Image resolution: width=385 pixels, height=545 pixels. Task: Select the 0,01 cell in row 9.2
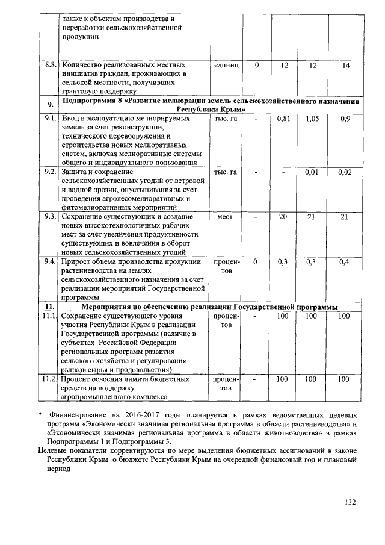pyautogui.click(x=312, y=173)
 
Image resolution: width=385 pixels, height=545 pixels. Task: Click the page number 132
pyautogui.click(x=351, y=503)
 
